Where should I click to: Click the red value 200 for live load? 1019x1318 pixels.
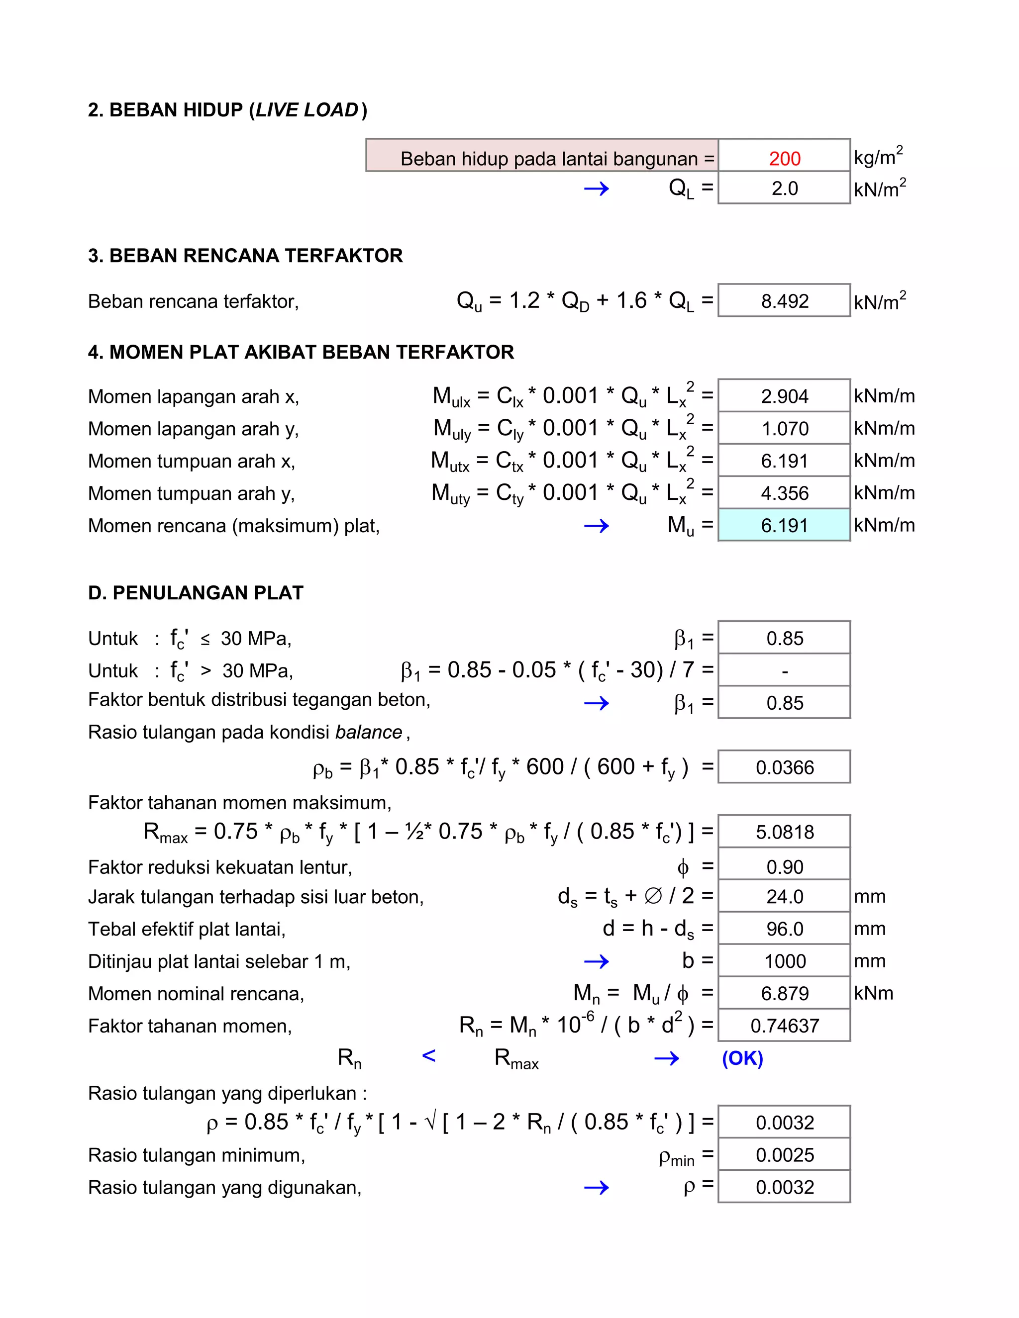pyautogui.click(x=784, y=159)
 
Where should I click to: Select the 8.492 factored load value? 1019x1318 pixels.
pyautogui.click(x=784, y=301)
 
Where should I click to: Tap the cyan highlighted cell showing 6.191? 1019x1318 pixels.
pyautogui.click(x=784, y=526)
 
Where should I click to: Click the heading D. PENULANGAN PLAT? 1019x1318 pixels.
pyautogui.click(x=196, y=593)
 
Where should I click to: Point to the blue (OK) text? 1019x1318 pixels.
pyautogui.click(x=742, y=1058)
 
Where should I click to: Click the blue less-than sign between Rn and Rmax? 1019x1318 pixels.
pyautogui.click(x=428, y=1055)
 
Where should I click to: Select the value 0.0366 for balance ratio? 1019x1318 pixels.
pyautogui.click(x=784, y=767)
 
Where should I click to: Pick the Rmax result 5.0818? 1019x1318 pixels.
pyautogui.click(x=784, y=832)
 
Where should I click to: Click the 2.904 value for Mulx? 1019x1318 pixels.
pyautogui.click(x=784, y=396)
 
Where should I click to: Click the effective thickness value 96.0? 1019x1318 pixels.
pyautogui.click(x=784, y=929)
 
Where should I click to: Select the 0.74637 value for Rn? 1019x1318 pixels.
pyautogui.click(x=784, y=1026)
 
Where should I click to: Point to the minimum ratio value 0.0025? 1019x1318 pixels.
pyautogui.click(x=784, y=1155)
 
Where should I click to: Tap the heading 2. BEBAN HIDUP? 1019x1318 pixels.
pyautogui.click(x=227, y=110)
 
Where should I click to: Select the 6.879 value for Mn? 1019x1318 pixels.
pyautogui.click(x=784, y=993)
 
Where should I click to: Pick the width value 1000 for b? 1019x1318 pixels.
pyautogui.click(x=784, y=961)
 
